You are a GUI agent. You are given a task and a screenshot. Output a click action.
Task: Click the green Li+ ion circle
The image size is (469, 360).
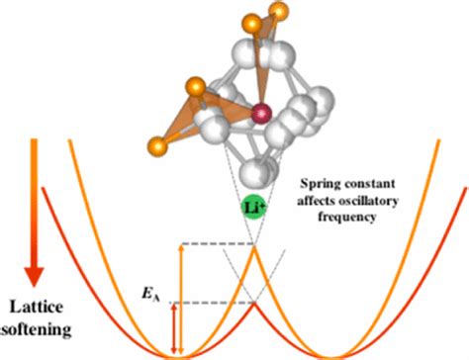251,207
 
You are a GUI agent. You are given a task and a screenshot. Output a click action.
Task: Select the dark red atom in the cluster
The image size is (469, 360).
262,113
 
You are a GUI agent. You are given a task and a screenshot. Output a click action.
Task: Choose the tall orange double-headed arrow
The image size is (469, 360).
181,297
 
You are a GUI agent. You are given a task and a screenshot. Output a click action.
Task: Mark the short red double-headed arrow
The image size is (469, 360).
174,327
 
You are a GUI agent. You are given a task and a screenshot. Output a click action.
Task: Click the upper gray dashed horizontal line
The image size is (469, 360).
212,244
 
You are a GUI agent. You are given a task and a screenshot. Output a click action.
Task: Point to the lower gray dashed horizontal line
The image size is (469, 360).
212,303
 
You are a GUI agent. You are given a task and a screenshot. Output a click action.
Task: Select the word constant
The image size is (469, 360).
377,186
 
